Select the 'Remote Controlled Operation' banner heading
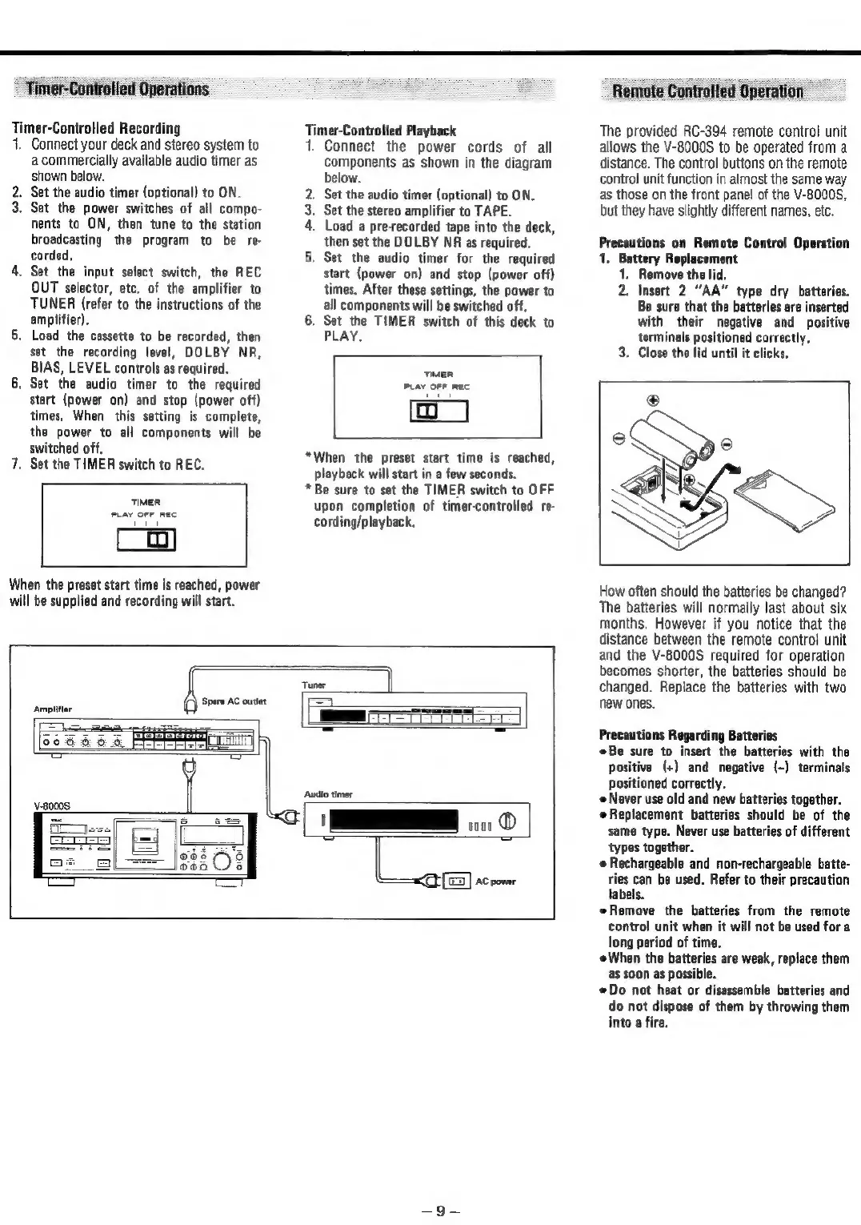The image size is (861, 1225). (707, 90)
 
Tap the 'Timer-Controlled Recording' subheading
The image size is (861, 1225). (95, 128)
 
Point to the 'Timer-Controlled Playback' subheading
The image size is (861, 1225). (381, 131)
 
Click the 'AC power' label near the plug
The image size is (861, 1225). (496, 882)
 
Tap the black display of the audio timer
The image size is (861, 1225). (391, 822)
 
